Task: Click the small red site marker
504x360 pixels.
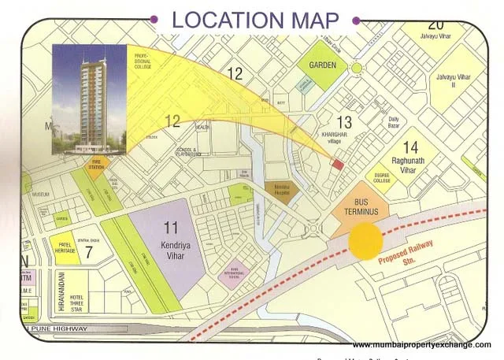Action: [338, 165]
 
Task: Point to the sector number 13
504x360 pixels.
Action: [344, 122]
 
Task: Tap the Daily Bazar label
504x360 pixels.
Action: [395, 123]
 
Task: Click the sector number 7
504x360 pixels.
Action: [88, 253]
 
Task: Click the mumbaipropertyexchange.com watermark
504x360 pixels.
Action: [421, 345]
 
